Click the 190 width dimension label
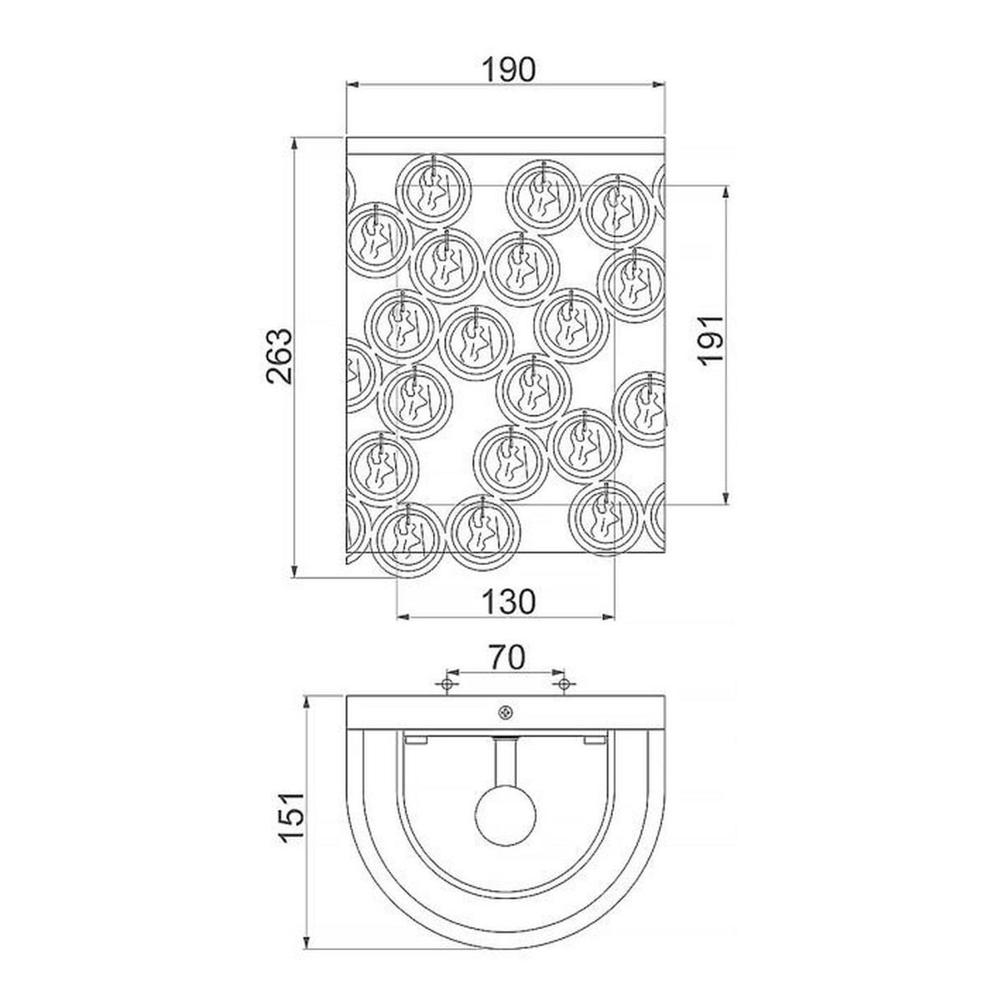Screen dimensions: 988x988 click(509, 70)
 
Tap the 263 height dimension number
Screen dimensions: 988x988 click(281, 356)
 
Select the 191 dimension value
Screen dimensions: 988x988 click(711, 340)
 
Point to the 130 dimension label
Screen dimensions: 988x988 click(509, 601)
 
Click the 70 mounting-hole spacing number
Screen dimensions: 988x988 click(506, 658)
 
